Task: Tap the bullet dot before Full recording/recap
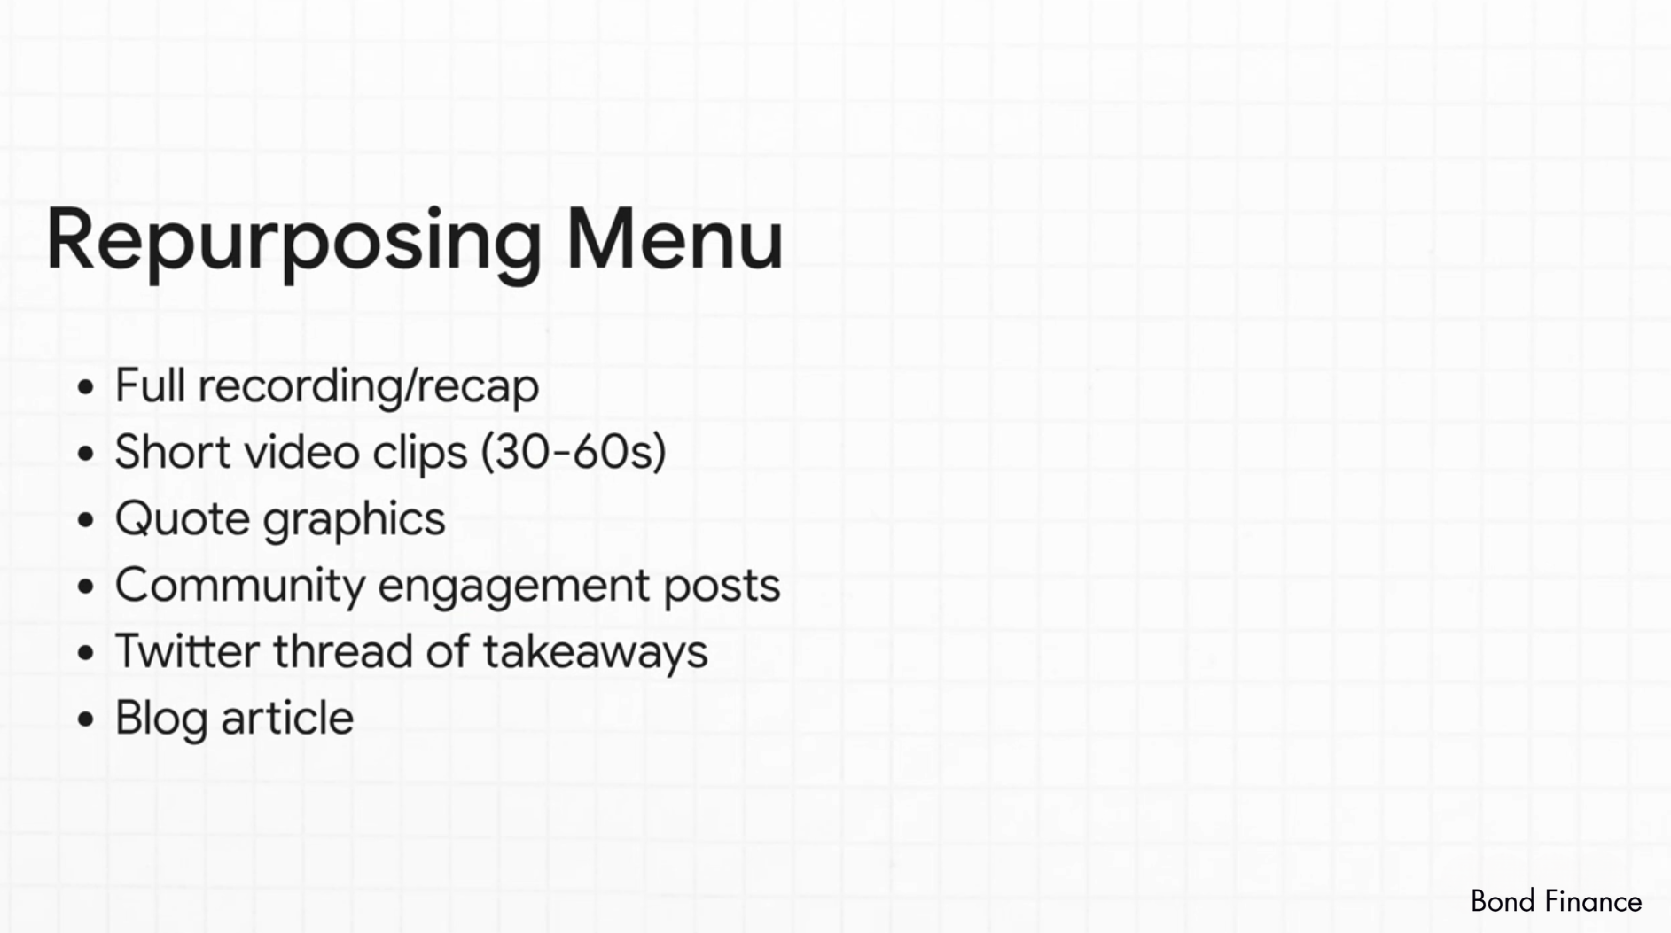(85, 387)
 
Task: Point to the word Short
(173, 451)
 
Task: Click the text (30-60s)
(573, 452)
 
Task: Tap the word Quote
(183, 518)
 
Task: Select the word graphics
(355, 520)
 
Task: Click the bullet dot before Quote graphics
(85, 520)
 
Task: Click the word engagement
(513, 587)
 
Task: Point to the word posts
(722, 587)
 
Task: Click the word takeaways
(595, 653)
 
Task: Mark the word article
(287, 718)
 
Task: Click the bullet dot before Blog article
(85, 719)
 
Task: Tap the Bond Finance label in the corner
(1556, 902)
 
